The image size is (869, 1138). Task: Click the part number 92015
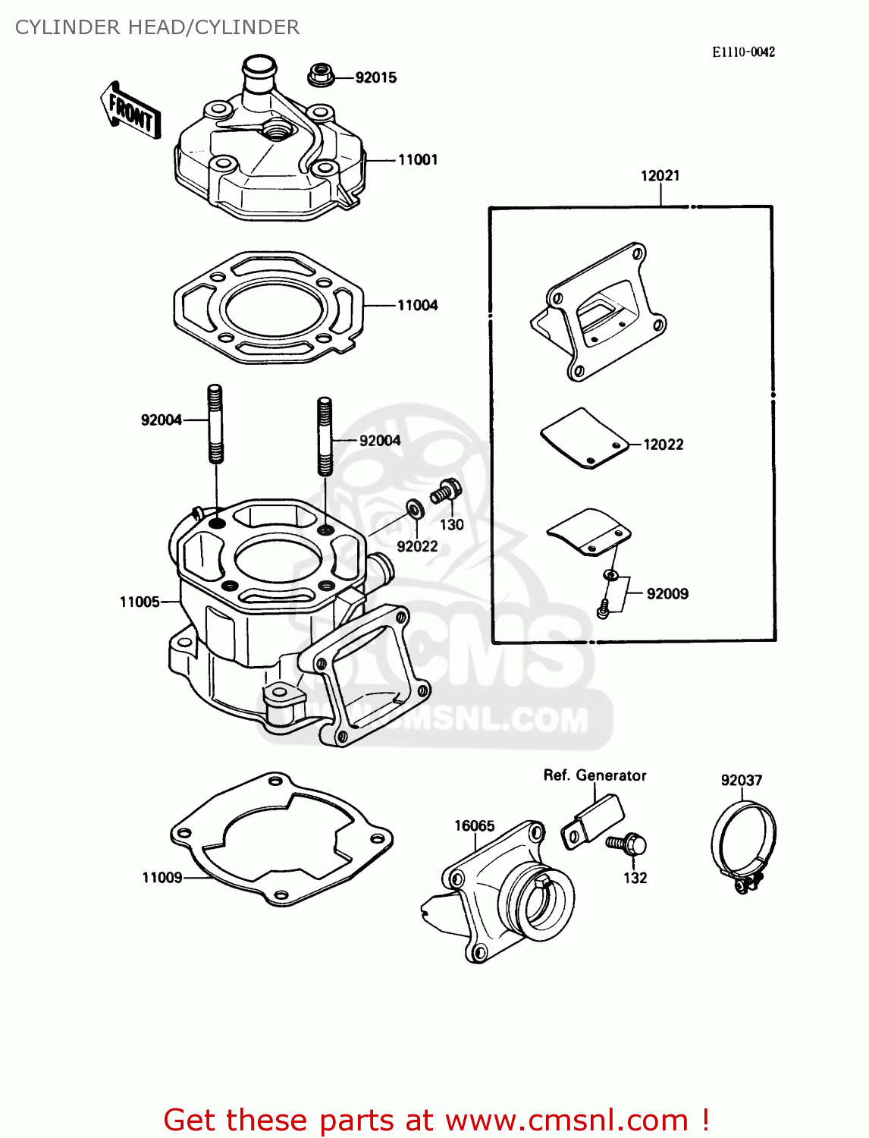[x=375, y=77]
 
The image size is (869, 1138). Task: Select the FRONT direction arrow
[x=131, y=112]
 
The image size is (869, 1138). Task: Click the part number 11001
[x=418, y=159]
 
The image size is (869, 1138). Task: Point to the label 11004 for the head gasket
[x=418, y=305]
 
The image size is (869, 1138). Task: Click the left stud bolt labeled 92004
[x=215, y=424]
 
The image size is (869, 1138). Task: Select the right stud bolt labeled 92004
[x=325, y=436]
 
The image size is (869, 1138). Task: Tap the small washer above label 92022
[x=415, y=507]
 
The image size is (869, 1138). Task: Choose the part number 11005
[x=140, y=602]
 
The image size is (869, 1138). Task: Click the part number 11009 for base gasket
[x=162, y=878]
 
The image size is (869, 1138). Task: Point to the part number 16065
[x=474, y=825]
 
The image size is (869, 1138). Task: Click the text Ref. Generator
[x=594, y=775]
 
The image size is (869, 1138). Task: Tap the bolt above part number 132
[x=627, y=844]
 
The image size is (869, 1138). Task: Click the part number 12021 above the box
[x=660, y=175]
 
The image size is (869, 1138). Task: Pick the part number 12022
[x=663, y=445]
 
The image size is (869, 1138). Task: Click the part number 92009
[x=667, y=594]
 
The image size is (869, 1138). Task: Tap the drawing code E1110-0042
[x=743, y=52]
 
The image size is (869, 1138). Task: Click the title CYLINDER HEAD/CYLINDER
[x=157, y=27]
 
